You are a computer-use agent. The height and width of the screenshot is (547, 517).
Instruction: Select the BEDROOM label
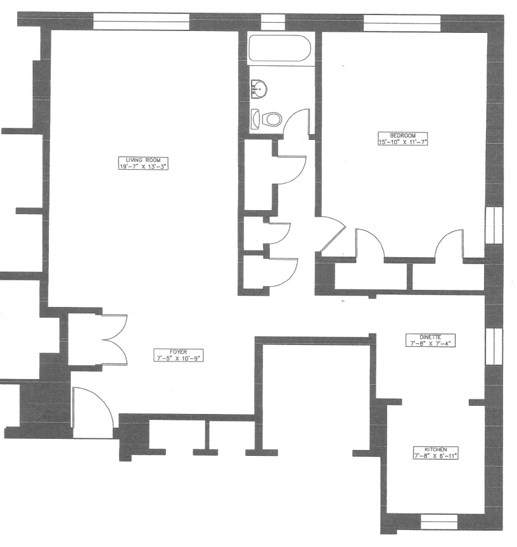point(402,135)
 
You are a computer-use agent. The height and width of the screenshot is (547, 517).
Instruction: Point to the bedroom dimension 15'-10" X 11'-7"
point(402,142)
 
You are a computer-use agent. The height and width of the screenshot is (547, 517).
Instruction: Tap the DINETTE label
point(431,337)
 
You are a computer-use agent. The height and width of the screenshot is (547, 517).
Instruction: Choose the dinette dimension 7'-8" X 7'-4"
point(431,344)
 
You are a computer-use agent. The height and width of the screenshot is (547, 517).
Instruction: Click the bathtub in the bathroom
point(279,50)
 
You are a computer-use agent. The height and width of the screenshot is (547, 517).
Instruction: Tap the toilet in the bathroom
point(269,119)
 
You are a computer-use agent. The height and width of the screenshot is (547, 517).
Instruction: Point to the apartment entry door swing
point(92,408)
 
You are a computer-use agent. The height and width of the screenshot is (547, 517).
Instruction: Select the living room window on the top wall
point(141,21)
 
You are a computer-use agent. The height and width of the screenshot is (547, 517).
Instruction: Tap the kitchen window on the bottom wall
point(439,523)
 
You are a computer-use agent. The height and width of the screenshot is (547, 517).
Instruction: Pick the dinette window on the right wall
point(493,346)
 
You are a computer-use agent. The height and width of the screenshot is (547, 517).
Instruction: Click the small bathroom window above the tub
point(273,22)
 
